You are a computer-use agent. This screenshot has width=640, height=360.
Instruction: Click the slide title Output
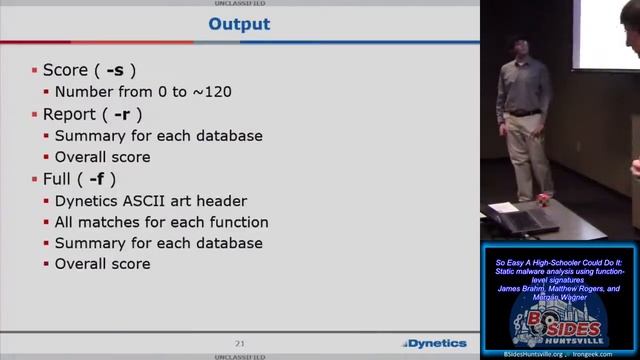(239, 24)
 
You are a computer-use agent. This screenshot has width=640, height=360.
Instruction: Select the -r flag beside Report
(129, 114)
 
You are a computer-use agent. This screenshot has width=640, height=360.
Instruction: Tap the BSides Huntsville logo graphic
(558, 326)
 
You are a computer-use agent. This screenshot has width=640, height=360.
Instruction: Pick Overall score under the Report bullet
(102, 157)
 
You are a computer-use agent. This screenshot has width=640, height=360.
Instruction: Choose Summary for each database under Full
(158, 243)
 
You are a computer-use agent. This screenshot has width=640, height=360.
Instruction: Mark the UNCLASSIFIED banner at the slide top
(239, 3)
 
